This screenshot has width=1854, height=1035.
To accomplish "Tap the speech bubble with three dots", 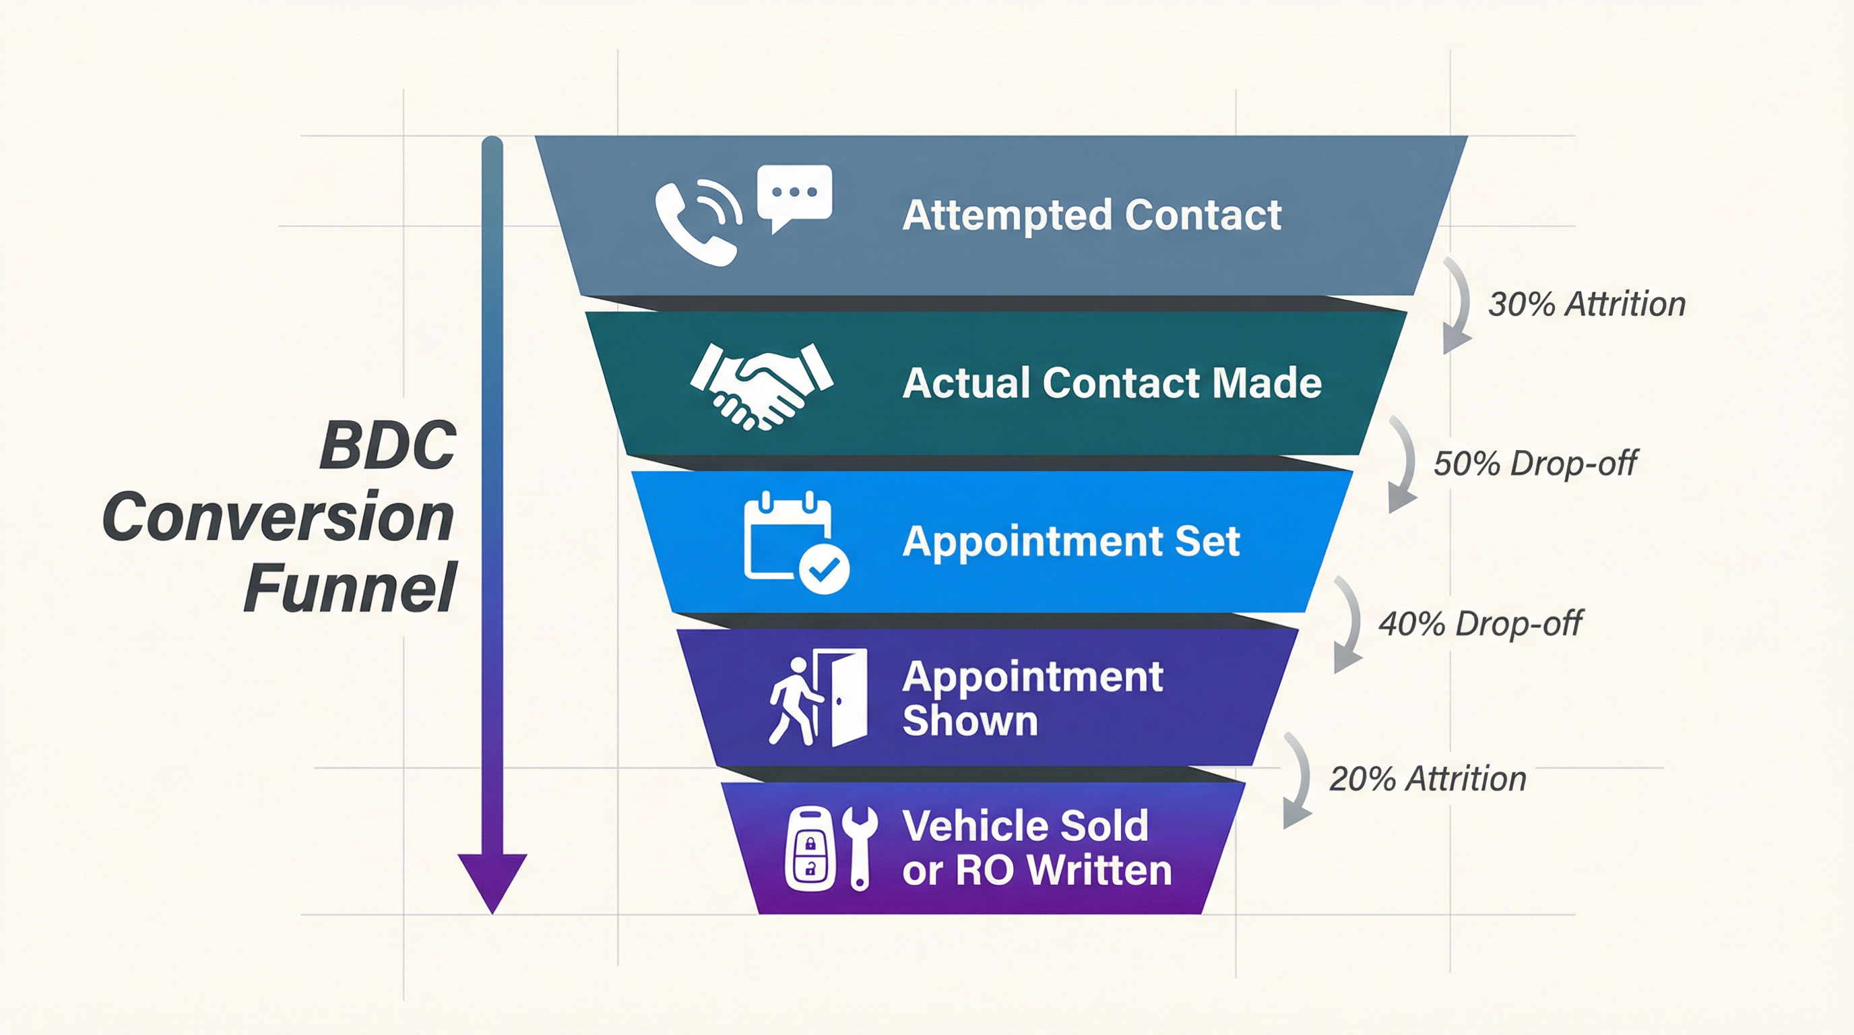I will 794,193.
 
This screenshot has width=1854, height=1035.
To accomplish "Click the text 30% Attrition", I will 1587,305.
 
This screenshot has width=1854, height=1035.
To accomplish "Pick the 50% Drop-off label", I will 1535,464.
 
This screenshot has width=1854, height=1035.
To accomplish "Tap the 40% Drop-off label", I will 1479,623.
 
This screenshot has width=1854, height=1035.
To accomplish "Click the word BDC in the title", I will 387,446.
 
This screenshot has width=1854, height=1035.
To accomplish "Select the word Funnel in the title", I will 350,588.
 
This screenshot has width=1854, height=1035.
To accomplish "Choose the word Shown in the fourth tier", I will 969,720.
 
